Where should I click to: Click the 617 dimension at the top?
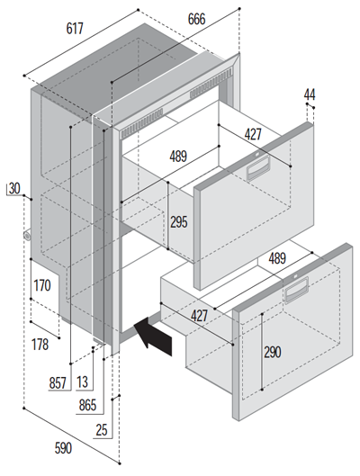[x=75, y=29]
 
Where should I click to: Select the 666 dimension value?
[x=196, y=19]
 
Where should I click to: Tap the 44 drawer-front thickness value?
[x=310, y=94]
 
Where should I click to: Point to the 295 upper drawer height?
[x=178, y=222]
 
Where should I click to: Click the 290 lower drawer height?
[x=273, y=352]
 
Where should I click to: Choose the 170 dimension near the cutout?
[x=42, y=285]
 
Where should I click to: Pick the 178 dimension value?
[x=40, y=345]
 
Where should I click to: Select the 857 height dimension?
[x=58, y=382]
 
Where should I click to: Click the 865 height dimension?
[x=87, y=405]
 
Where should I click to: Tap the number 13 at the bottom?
[x=82, y=382]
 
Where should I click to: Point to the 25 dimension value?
[x=102, y=430]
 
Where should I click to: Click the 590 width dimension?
[x=63, y=448]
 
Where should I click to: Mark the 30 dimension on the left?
[x=14, y=189]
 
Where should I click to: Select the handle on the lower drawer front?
[x=297, y=291]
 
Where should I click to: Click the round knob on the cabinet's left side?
[x=27, y=237]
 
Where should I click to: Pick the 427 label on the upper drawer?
[x=253, y=134]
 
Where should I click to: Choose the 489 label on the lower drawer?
[x=277, y=258]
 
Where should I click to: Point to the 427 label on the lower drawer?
[x=199, y=316]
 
